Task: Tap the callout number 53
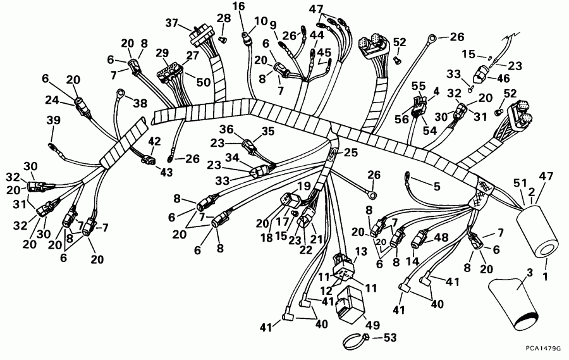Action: pos(389,338)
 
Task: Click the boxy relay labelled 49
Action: pos(350,303)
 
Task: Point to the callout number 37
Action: pos(172,23)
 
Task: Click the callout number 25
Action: pos(350,152)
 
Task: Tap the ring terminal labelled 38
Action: pos(119,94)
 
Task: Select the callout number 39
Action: pos(53,120)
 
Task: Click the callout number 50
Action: pos(203,82)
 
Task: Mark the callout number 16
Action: pos(239,6)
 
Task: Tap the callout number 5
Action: pos(436,187)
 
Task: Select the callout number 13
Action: pos(361,251)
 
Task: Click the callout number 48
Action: pos(441,237)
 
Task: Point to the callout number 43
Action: pos(166,172)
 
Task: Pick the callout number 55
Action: pos(419,86)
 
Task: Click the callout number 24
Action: pos(52,100)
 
